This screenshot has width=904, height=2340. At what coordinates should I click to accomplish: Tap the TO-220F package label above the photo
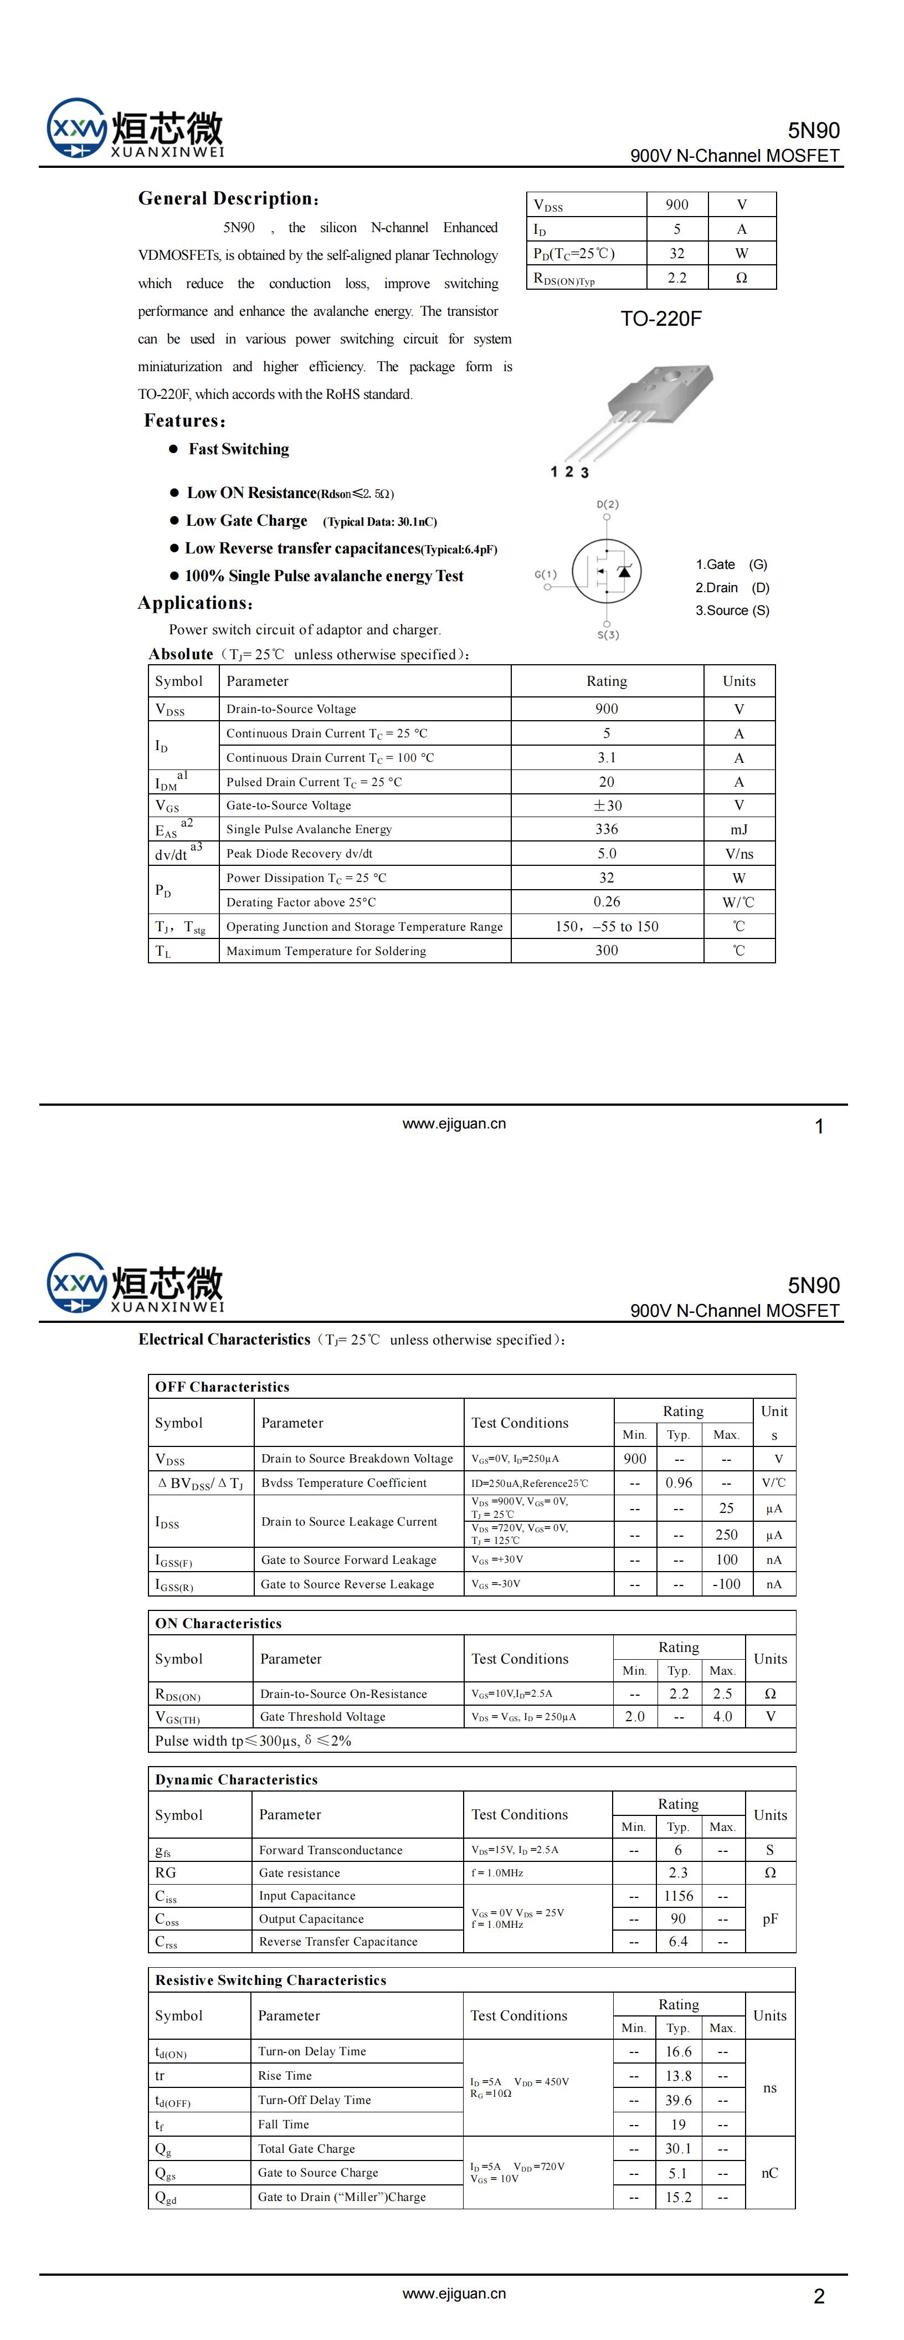660,319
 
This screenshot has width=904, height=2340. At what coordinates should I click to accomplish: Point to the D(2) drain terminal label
608,504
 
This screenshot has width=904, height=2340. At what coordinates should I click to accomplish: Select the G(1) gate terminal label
545,574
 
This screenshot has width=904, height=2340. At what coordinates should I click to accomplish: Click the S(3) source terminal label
608,634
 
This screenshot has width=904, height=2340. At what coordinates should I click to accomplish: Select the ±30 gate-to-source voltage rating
606,805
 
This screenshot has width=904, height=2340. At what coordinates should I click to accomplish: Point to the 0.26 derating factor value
606,902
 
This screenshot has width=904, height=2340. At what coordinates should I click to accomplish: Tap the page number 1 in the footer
819,1126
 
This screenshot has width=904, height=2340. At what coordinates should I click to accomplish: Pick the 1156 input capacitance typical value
678,1896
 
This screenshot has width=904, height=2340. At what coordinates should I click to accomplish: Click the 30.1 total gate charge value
678,2148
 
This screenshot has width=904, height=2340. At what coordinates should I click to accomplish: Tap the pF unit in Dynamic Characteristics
769,1918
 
